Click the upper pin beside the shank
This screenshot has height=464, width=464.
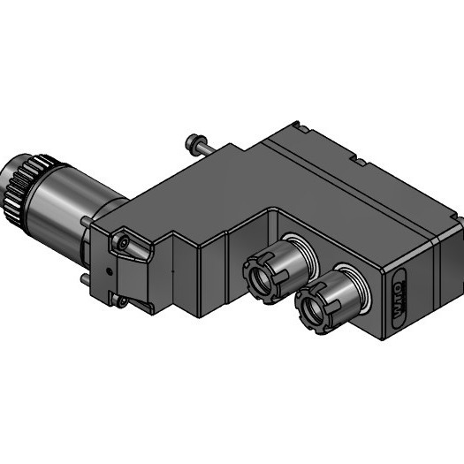pyautogui.click(x=87, y=221)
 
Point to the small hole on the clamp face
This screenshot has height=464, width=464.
pyautogui.click(x=109, y=264)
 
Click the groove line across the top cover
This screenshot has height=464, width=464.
pyautogui.click(x=354, y=199)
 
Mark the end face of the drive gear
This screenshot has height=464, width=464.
pyautogui.click(x=11, y=190)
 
